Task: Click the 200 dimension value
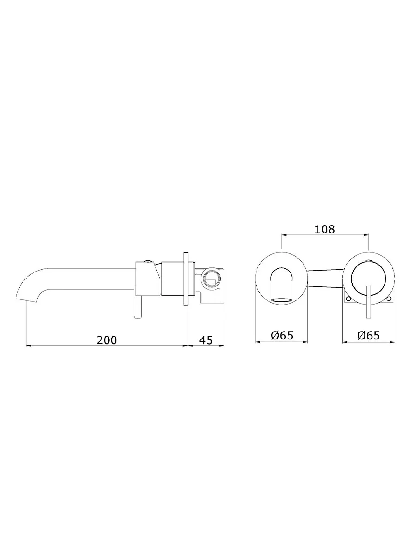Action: coord(107,340)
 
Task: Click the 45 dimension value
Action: coord(206,340)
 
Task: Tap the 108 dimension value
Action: coord(325,230)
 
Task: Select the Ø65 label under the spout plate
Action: coord(282,335)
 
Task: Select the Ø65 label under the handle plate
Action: coord(368,335)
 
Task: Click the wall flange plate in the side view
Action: coord(186,279)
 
